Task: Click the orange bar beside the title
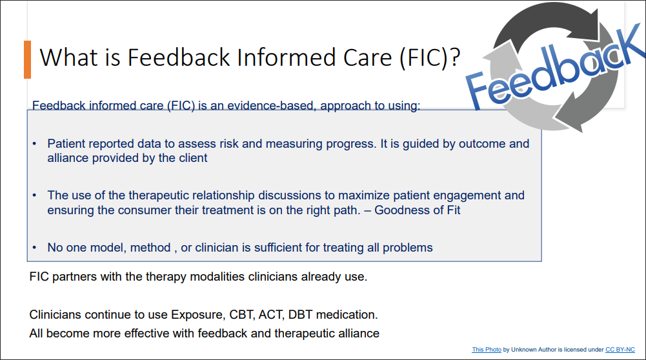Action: click(27, 60)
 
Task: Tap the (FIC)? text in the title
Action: click(430, 58)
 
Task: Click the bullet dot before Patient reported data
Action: click(35, 144)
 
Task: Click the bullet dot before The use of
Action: click(35, 195)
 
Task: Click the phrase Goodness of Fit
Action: click(417, 210)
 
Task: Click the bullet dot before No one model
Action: click(35, 248)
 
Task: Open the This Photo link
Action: click(487, 349)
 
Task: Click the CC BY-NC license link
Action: click(620, 349)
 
